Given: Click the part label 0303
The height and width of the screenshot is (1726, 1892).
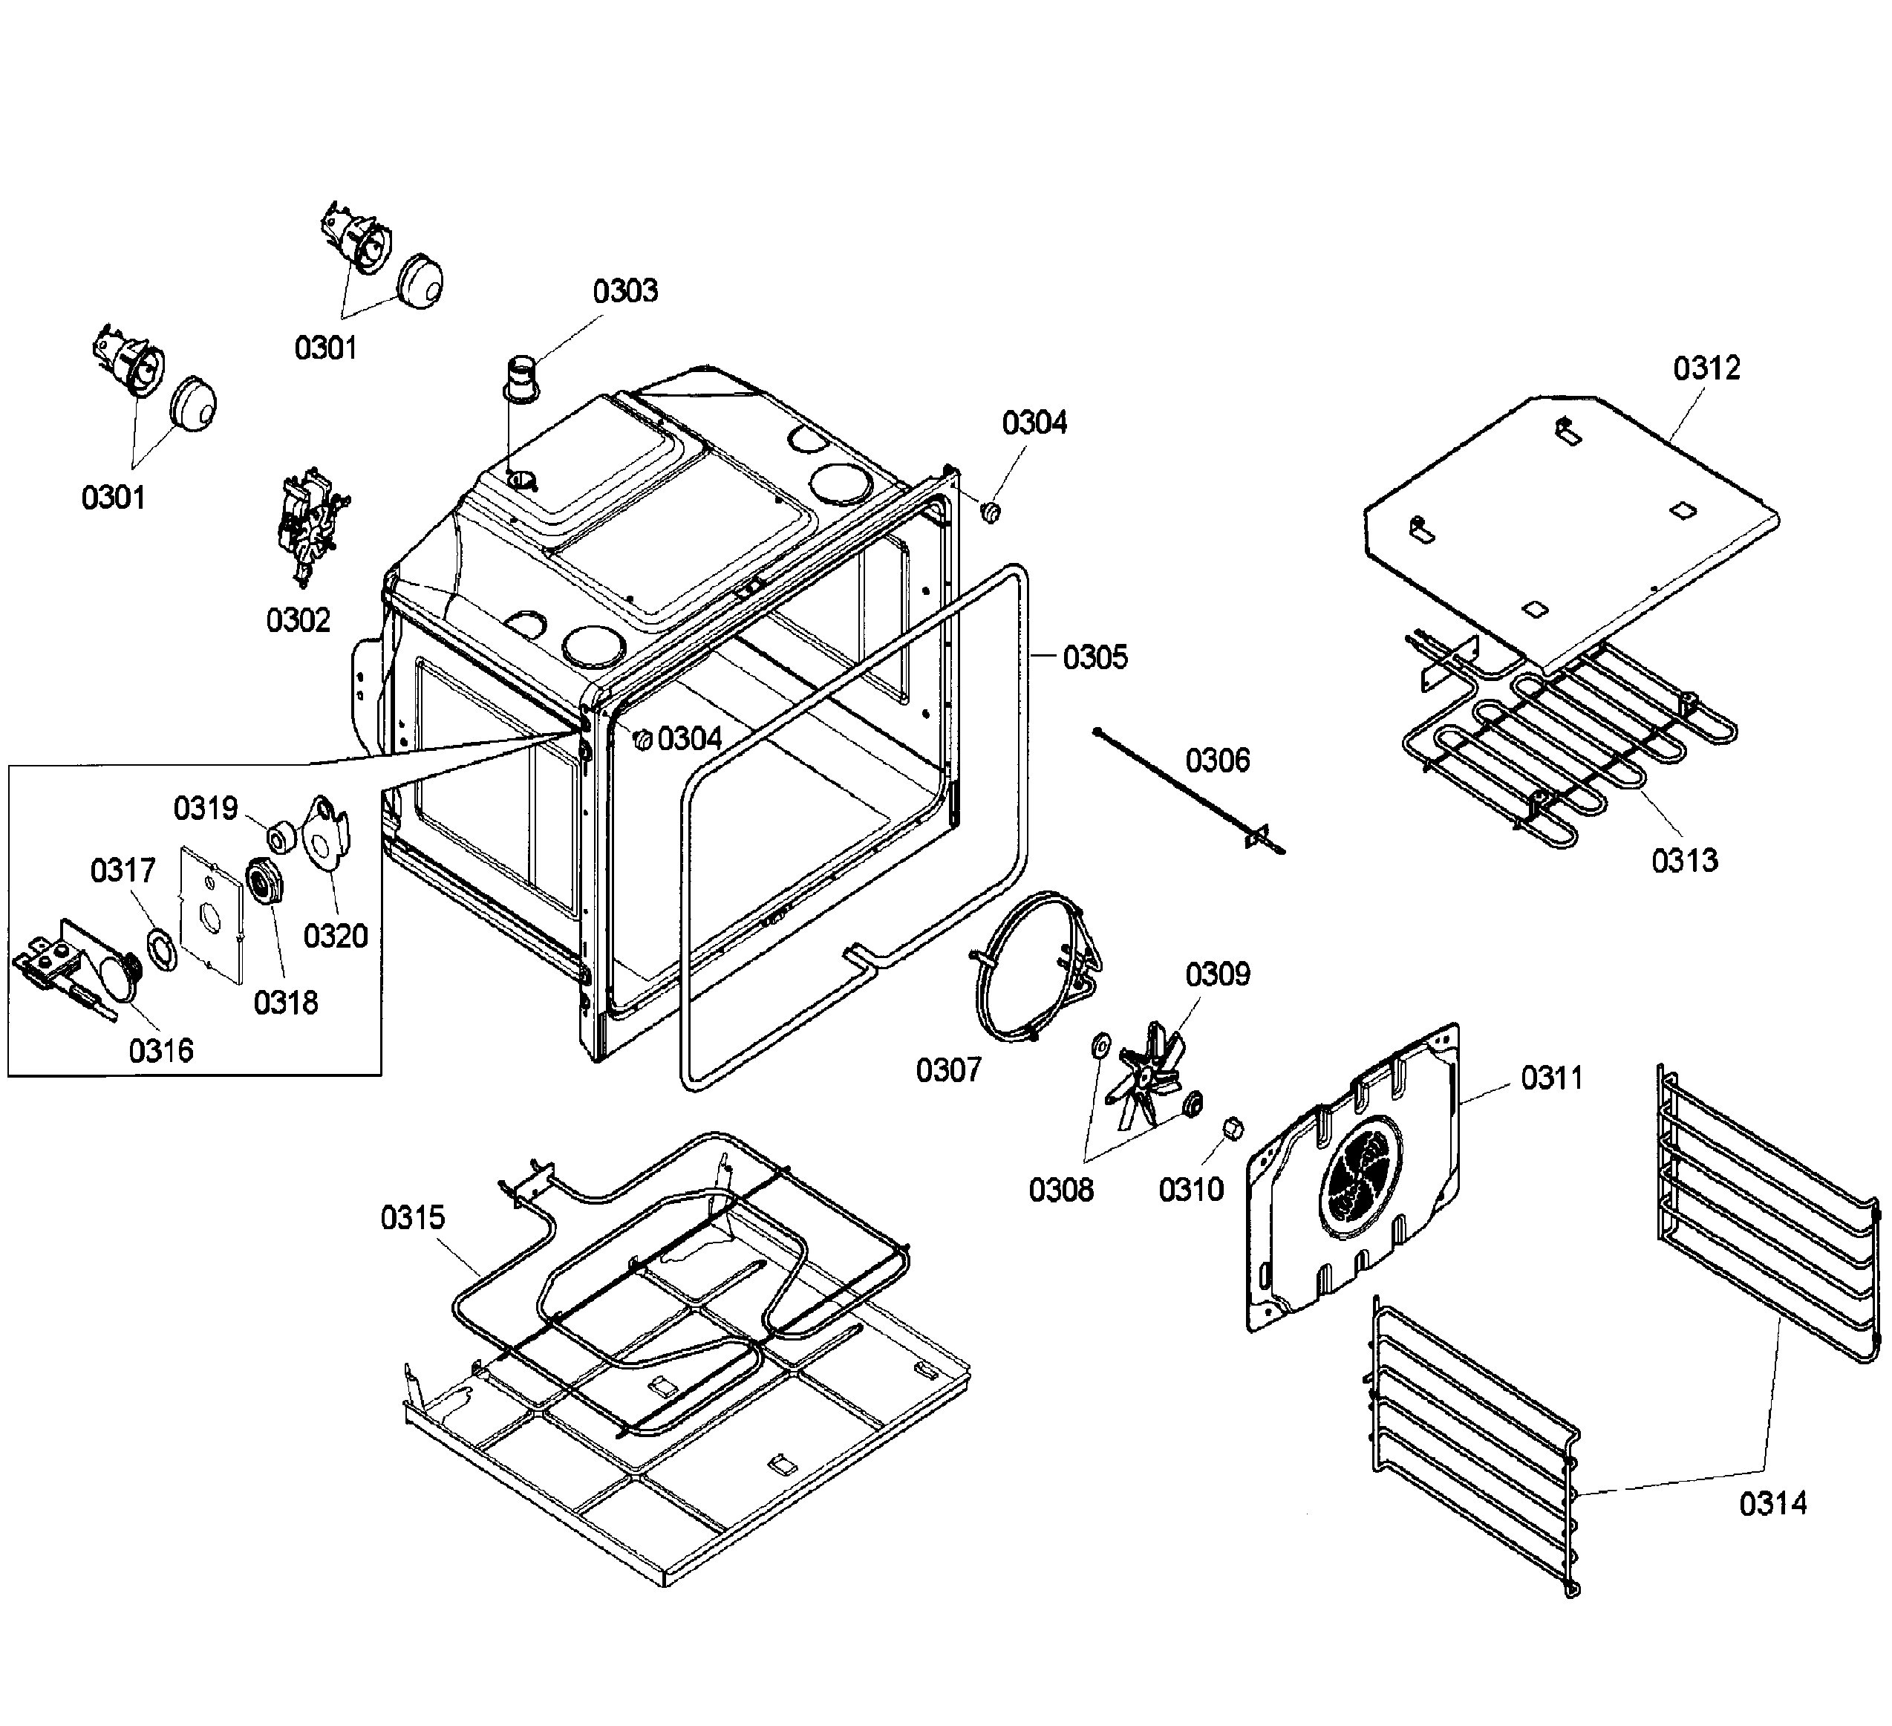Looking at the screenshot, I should point(625,291).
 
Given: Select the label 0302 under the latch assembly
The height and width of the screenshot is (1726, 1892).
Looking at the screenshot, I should point(299,620).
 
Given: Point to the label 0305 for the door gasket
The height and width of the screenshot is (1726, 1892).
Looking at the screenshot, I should point(1095,657).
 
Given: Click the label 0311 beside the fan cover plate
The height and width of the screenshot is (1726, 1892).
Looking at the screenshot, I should point(1551,1078).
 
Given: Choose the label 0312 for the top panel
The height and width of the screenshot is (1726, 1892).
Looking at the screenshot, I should point(1706,368).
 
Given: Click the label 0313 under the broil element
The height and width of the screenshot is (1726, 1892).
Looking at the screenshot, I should point(1685,861).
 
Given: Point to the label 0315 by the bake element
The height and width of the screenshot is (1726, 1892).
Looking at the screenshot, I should point(412,1217).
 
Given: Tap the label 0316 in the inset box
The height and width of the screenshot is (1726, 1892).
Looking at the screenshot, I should point(161,1050).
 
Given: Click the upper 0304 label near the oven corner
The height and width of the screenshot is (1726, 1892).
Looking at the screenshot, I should point(1034,423).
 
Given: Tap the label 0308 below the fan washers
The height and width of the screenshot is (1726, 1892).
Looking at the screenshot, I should point(1060,1190).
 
